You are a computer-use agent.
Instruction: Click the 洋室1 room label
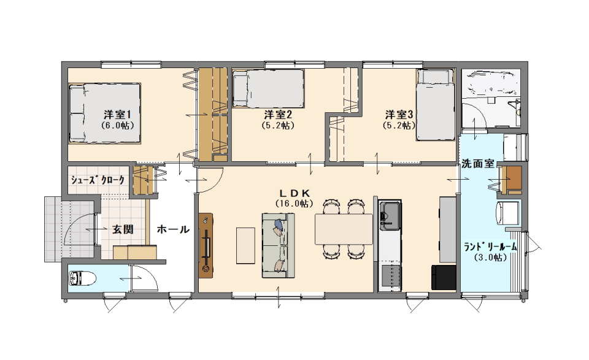point(117,114)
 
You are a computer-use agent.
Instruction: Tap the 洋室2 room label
point(277,114)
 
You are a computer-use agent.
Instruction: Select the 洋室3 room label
point(399,113)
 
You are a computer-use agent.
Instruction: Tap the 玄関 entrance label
point(123,229)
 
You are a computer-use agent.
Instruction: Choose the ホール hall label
point(173,229)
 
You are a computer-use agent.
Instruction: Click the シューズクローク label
point(98,180)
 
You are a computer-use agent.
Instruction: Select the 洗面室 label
point(477,164)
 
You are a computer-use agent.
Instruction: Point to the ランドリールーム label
point(490,247)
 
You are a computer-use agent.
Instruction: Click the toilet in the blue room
point(83,279)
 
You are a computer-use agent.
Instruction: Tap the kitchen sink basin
point(390,215)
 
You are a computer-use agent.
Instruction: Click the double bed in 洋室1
point(104,113)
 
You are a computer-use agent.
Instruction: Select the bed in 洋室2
point(268,88)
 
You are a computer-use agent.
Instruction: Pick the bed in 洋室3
point(436,105)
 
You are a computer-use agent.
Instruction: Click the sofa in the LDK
point(278,245)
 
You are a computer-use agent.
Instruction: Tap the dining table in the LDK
point(344,229)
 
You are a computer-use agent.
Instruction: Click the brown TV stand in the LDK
point(206,246)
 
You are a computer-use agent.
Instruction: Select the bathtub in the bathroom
point(490,83)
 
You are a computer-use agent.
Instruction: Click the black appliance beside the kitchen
point(444,277)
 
